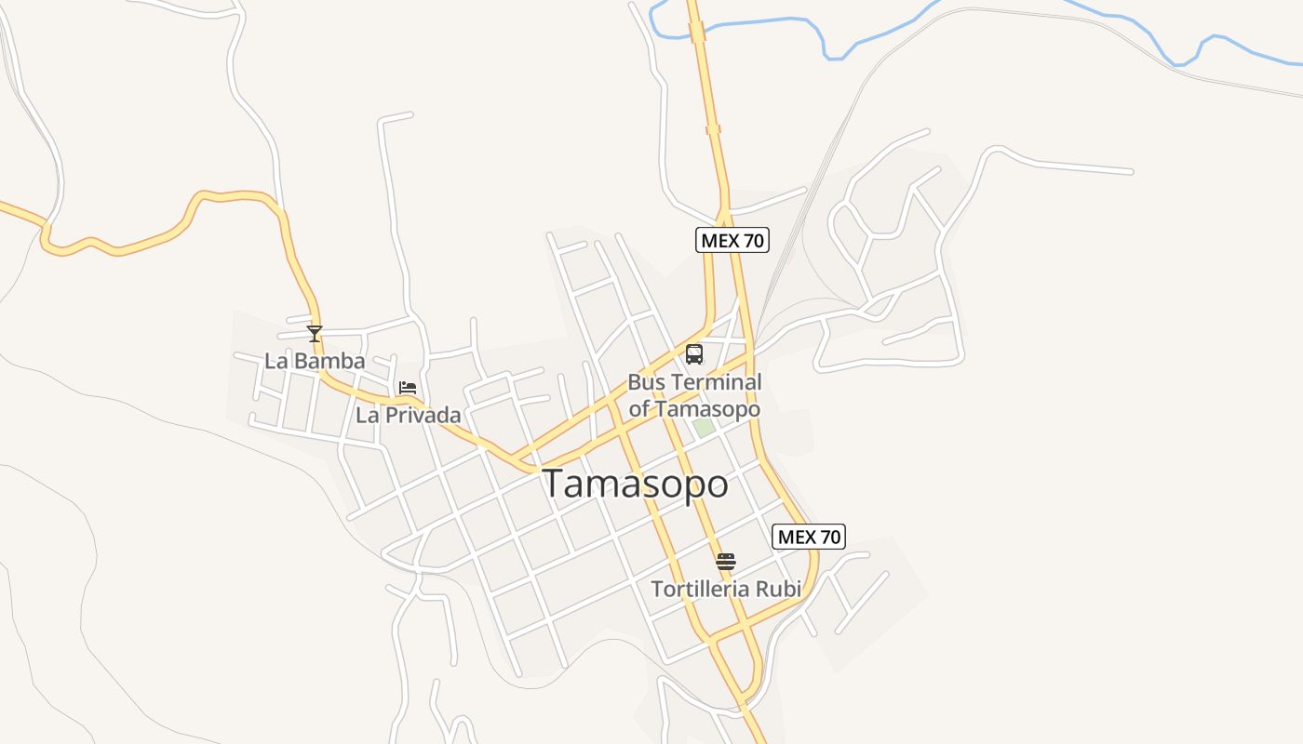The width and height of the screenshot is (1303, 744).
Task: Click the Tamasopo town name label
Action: click(635, 485)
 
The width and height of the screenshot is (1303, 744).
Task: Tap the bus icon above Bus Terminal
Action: click(694, 354)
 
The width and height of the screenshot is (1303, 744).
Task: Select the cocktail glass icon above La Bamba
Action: click(315, 333)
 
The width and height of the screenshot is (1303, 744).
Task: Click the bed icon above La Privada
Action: click(408, 388)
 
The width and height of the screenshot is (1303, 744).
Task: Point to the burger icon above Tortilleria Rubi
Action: click(726, 561)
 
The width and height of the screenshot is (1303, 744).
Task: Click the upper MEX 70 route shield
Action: click(732, 240)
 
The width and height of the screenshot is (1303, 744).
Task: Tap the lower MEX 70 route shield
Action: click(809, 537)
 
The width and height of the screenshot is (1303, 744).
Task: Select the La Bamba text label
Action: click(315, 361)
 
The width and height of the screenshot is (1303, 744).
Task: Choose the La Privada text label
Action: click(408, 416)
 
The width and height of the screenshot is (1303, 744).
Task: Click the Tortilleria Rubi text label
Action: click(726, 589)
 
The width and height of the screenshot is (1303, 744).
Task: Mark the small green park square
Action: click(704, 427)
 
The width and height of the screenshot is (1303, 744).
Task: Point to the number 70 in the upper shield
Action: click(753, 240)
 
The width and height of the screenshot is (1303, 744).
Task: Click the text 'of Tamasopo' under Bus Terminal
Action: click(694, 409)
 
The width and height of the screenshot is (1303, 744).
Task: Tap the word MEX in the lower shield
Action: click(797, 537)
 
